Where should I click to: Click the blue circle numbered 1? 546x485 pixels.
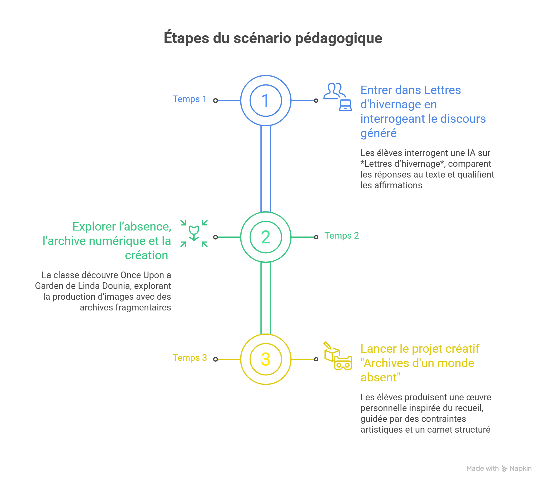[x=266, y=101]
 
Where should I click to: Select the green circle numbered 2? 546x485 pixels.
[x=266, y=237]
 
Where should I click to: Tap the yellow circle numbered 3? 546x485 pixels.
[x=266, y=359]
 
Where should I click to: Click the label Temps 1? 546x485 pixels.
[x=189, y=99]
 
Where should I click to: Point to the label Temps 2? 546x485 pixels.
[x=342, y=236]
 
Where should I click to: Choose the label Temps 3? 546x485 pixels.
[x=190, y=358]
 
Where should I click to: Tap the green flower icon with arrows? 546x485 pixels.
[x=194, y=234]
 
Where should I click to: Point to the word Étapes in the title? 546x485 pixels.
[x=186, y=38]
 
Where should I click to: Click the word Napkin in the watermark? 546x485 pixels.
[x=521, y=469]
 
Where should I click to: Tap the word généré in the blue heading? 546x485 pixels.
[x=378, y=133]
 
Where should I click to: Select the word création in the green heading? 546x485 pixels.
[x=146, y=255]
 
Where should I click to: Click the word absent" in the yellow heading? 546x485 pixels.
[x=380, y=378]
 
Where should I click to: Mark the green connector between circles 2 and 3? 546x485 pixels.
[x=266, y=298]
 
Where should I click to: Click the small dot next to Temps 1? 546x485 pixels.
[x=216, y=101]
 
